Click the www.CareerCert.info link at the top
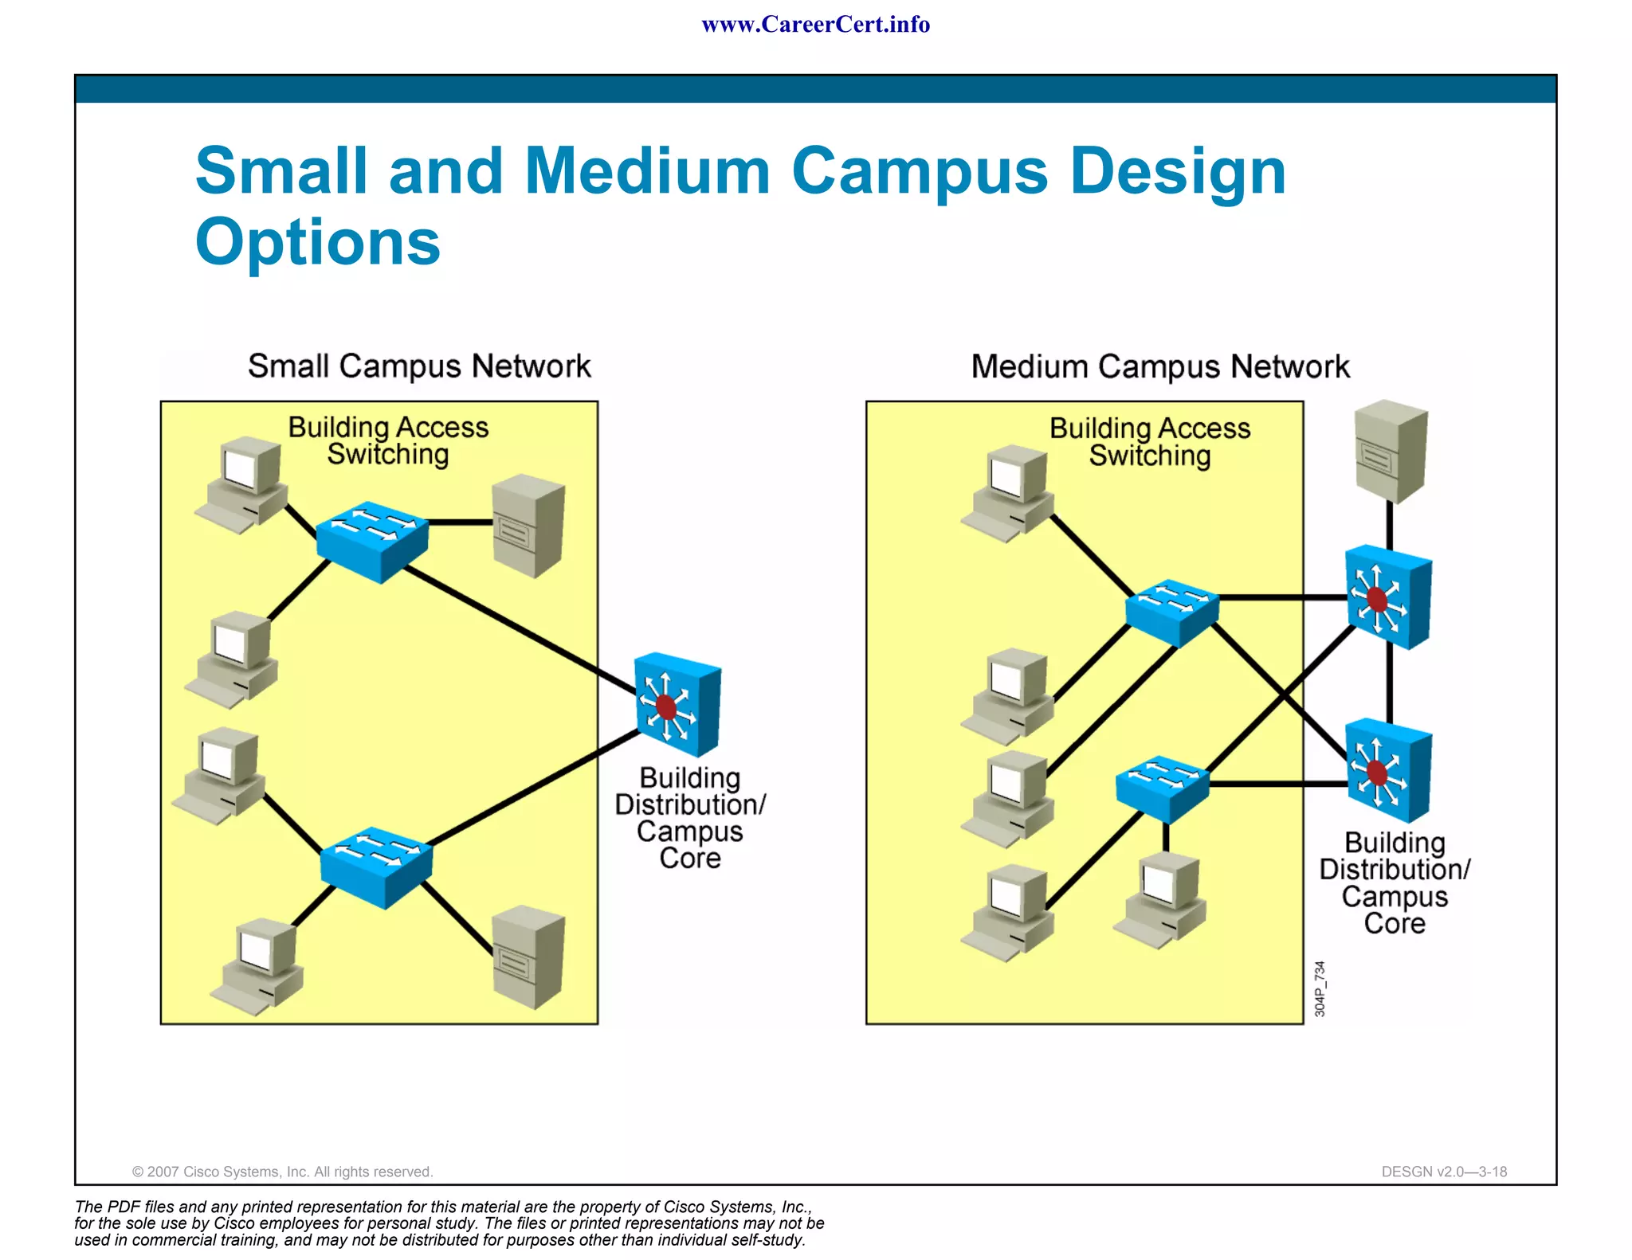[815, 25]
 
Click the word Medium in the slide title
[646, 171]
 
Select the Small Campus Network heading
[419, 366]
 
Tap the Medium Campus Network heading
[1160, 367]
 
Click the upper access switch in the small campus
[372, 541]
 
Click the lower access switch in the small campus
[376, 867]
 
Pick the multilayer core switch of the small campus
[678, 705]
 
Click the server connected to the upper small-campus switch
[528, 525]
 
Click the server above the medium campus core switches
[1391, 451]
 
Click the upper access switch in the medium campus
[1171, 612]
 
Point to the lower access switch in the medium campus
[1162, 788]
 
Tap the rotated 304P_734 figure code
[1320, 988]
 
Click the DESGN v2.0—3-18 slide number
[1444, 1172]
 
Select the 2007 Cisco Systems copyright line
[282, 1172]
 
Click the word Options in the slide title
[318, 242]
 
